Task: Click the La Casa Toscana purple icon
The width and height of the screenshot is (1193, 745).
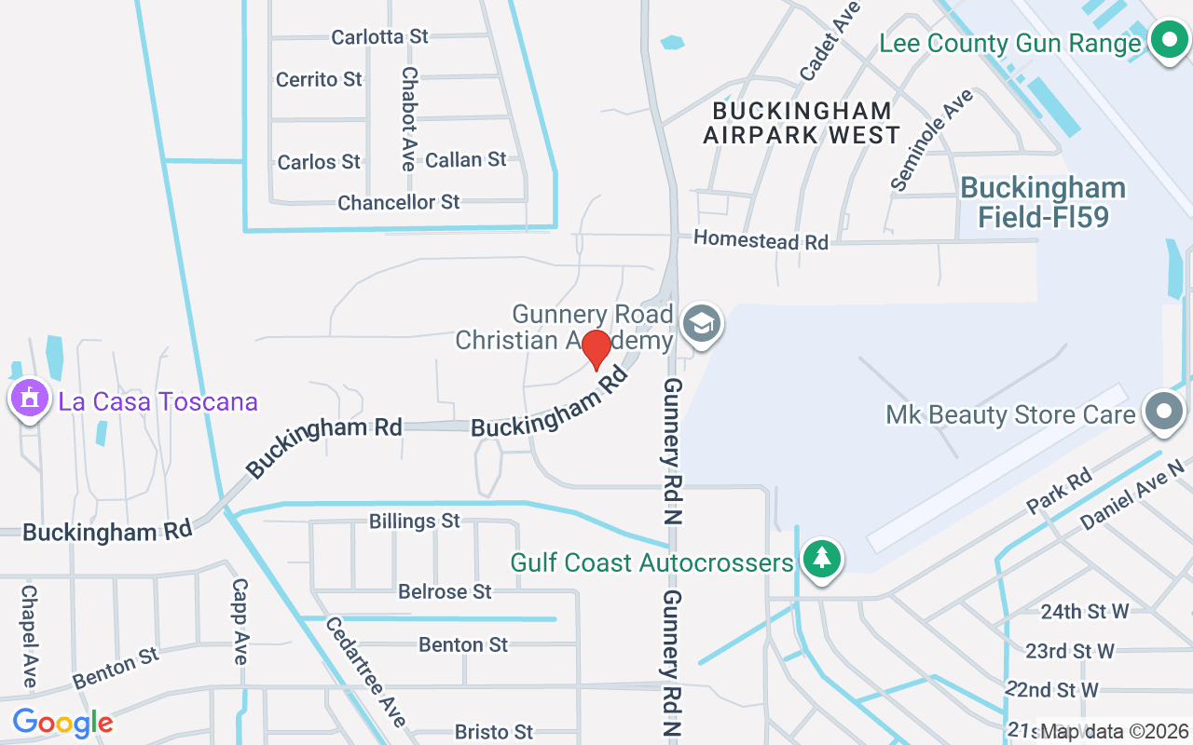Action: (29, 400)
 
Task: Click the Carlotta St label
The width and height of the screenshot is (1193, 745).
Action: (379, 36)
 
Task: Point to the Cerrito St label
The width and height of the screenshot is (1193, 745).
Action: (319, 79)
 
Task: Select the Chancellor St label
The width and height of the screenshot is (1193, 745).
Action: (399, 202)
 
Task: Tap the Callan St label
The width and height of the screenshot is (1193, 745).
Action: (465, 160)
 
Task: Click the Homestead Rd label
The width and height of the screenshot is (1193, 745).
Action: (761, 240)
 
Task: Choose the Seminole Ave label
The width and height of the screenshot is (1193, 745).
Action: (931, 141)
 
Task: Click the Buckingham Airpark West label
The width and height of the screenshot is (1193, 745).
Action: (802, 123)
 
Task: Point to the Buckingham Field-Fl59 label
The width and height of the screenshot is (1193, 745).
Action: (1043, 202)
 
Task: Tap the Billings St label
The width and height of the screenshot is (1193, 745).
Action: (415, 521)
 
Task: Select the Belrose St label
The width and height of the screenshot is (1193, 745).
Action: (445, 591)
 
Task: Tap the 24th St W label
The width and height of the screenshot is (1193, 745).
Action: (1085, 611)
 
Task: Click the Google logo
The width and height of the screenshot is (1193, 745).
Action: (62, 722)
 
